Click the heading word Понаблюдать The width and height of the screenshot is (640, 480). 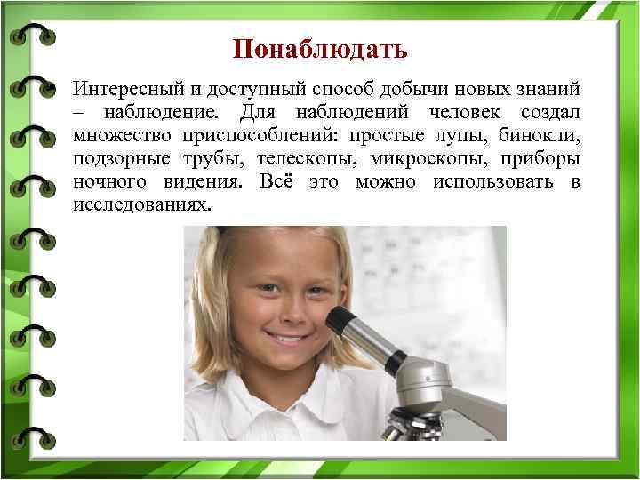pos(320,47)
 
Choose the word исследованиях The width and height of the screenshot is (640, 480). pos(143,205)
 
